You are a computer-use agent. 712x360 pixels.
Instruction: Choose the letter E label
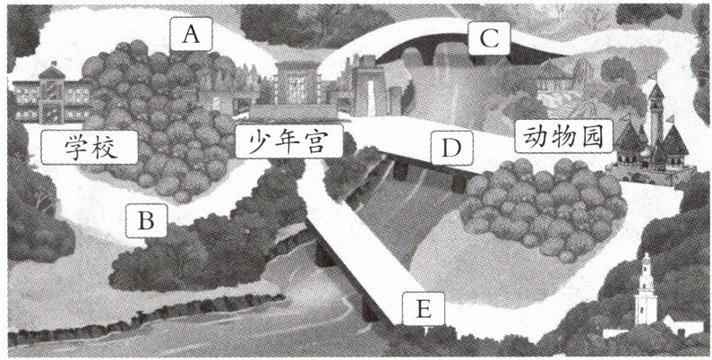coord(424,310)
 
